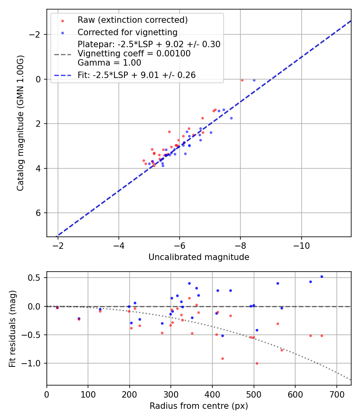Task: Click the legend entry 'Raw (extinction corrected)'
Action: pos(132,20)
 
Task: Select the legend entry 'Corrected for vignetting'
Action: pos(127,32)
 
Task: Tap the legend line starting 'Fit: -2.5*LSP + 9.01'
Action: pos(136,75)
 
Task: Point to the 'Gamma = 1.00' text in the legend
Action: pos(109,62)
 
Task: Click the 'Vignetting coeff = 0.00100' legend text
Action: pos(134,54)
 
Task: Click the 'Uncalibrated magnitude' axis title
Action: pos(199,257)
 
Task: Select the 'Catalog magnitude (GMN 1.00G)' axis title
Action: pos(20,123)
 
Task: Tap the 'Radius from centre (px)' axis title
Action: pos(199,406)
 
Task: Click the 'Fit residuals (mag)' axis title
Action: pos(12,328)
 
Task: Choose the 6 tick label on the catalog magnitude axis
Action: pos(39,213)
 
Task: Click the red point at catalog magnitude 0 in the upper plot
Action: pos(242,80)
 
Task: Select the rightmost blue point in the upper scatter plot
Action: pos(254,80)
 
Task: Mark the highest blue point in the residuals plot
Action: pos(322,276)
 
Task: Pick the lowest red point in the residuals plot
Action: pos(257,363)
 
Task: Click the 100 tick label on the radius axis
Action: pos(88,395)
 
